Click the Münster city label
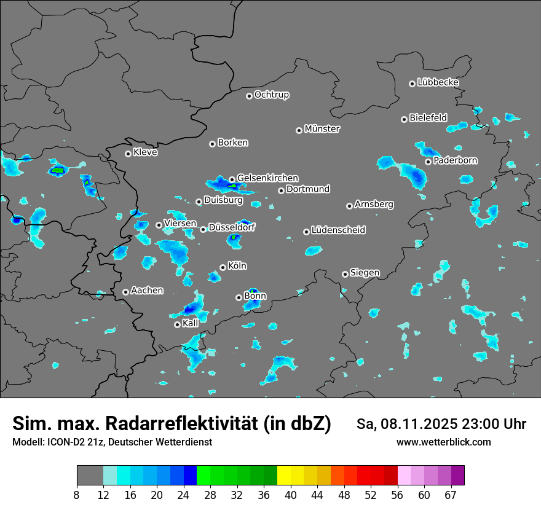[322, 129]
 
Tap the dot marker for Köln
[223, 267]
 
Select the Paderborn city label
[456, 161]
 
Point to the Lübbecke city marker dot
[412, 84]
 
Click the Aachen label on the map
[147, 291]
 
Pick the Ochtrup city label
[272, 95]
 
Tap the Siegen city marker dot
[345, 274]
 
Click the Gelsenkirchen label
[267, 178]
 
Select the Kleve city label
[145, 152]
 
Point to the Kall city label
[191, 323]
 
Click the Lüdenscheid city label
[338, 230]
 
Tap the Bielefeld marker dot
[404, 119]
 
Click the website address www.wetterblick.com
[443, 442]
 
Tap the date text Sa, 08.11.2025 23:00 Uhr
[441, 424]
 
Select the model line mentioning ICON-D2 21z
[112, 442]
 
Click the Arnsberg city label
[374, 204]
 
